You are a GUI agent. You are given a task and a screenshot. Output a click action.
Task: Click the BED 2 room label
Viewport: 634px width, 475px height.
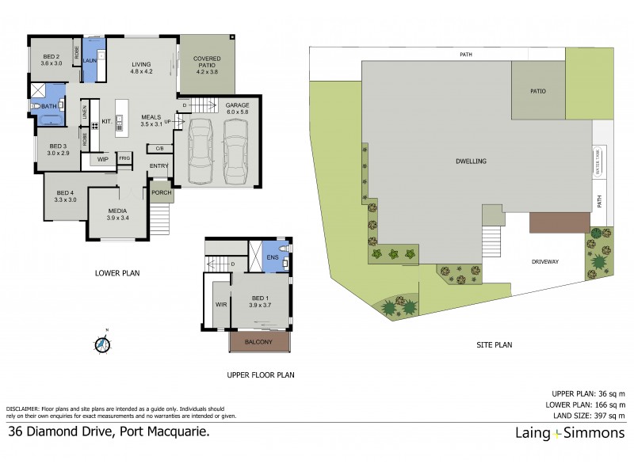(x=51, y=57)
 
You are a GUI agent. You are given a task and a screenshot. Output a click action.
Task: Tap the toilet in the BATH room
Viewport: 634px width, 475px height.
(x=36, y=105)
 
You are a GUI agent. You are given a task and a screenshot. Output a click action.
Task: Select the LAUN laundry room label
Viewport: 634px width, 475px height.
(x=90, y=59)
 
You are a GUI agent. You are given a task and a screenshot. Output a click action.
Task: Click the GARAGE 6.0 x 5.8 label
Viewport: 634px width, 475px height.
(x=237, y=108)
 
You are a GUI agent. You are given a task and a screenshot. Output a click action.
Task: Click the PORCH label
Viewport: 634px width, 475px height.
(x=161, y=192)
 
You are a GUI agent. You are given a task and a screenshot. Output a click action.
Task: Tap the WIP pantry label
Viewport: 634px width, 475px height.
(x=102, y=159)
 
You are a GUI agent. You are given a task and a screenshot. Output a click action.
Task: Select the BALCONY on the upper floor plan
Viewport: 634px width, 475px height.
(x=259, y=342)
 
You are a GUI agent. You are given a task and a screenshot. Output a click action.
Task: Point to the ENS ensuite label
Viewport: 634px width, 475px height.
(x=273, y=256)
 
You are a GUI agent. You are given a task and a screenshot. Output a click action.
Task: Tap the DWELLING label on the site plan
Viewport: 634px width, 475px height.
(x=471, y=161)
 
